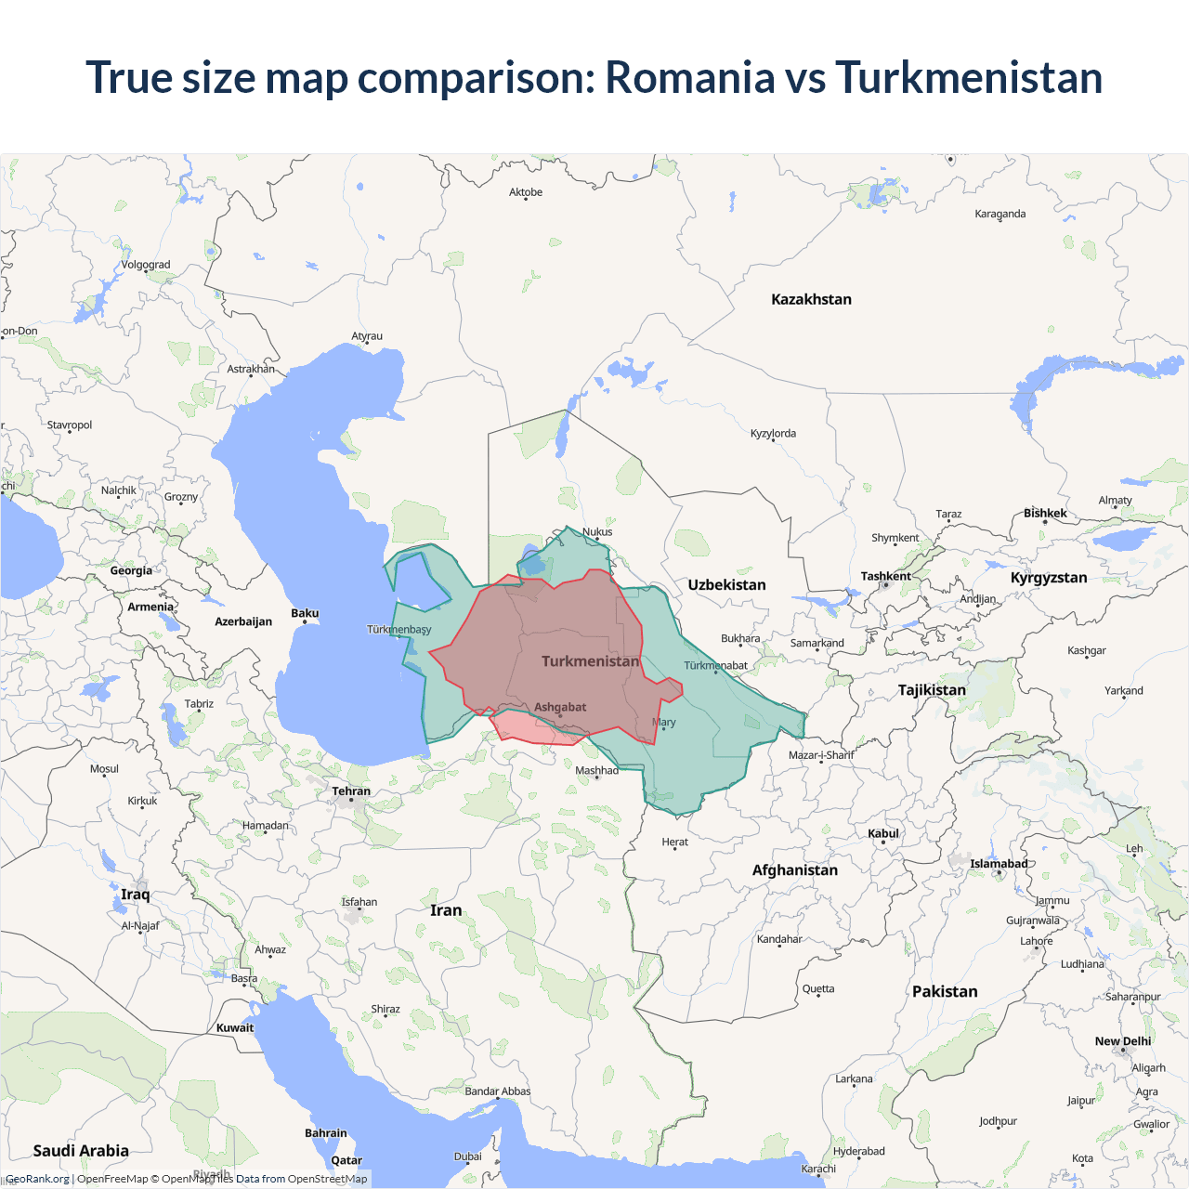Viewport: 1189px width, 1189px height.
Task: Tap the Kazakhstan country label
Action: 811,299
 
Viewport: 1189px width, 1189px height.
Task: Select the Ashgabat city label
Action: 560,707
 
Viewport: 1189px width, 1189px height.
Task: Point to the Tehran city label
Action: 351,791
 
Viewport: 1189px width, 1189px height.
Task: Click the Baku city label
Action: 305,613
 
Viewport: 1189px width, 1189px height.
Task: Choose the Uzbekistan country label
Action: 726,584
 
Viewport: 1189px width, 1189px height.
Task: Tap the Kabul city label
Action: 883,833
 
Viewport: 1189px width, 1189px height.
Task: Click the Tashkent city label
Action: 885,576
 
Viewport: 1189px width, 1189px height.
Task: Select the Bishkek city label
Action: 1045,513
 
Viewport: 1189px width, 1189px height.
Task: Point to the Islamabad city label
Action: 999,864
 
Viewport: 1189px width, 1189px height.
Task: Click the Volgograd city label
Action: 146,265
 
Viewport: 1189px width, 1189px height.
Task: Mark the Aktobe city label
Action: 526,192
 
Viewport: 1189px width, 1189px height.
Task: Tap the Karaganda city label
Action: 1000,214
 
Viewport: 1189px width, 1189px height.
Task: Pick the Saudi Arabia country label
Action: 81,1150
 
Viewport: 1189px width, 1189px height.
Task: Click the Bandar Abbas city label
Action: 498,1091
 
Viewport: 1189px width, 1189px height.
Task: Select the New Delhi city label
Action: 1122,1041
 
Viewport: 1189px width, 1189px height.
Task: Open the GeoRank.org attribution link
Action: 37,1179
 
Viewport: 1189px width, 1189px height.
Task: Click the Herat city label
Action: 675,842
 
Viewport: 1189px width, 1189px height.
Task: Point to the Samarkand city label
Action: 817,643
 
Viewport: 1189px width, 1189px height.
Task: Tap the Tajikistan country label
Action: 932,689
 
